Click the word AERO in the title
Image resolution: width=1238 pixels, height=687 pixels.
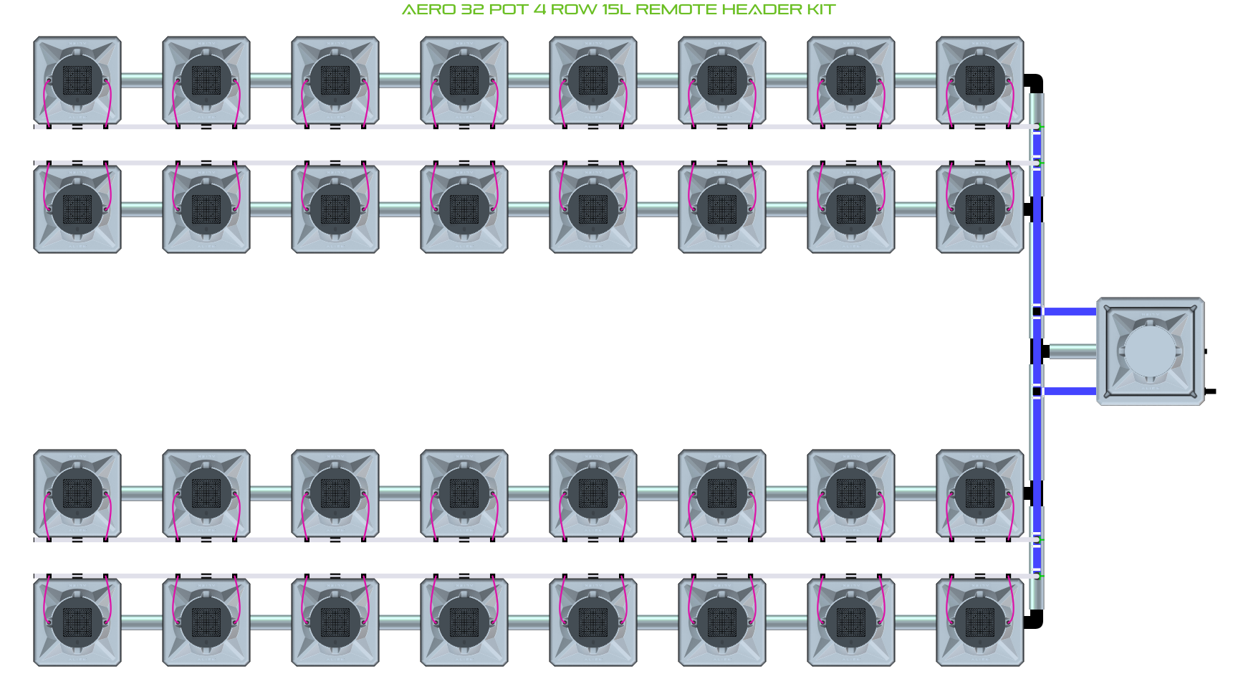[x=428, y=10]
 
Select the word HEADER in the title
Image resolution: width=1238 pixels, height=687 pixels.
[x=762, y=10]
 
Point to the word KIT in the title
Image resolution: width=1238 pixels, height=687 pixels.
[x=822, y=10]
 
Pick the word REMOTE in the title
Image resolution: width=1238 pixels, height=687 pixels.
[x=676, y=10]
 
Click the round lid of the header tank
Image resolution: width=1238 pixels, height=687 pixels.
[x=1150, y=351]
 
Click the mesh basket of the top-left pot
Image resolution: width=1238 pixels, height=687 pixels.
[x=77, y=80]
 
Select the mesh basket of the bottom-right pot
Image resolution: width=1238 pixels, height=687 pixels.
[x=980, y=622]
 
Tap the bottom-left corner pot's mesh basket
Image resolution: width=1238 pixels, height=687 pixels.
[x=77, y=622]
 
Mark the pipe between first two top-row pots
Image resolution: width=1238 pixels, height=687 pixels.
[x=142, y=80]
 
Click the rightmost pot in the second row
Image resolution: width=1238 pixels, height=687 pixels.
[x=980, y=209]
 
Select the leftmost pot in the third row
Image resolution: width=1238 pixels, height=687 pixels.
[x=77, y=493]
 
